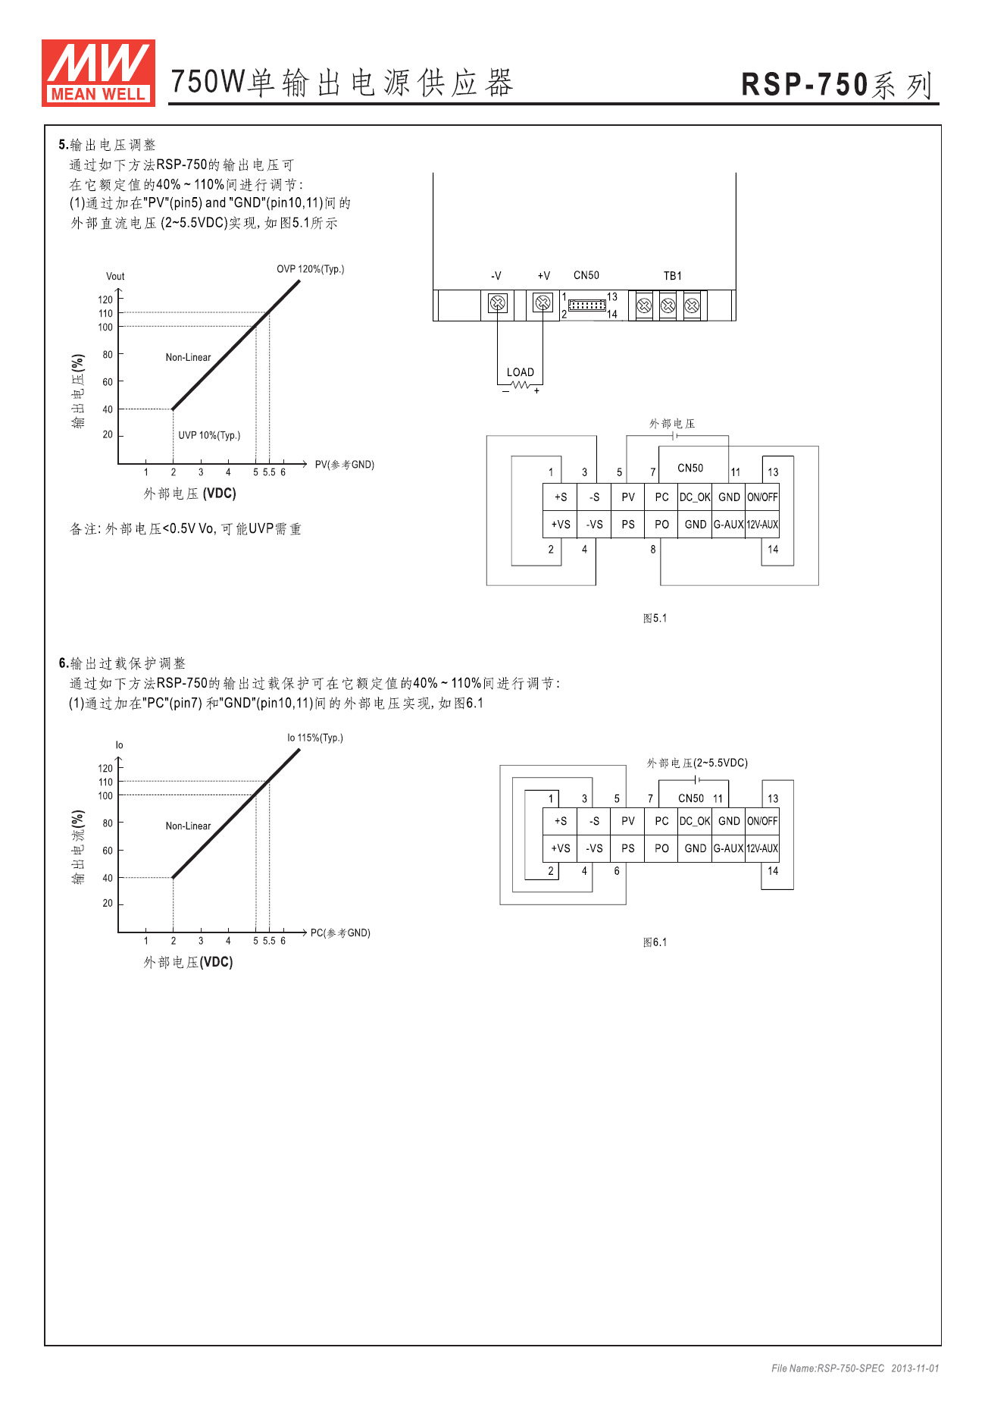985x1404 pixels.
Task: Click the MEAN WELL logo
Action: [x=98, y=73]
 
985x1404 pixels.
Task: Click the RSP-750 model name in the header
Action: [x=804, y=84]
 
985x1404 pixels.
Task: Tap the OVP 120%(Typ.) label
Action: [x=310, y=269]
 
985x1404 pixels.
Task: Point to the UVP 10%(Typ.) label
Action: [x=209, y=435]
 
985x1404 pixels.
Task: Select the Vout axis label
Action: [x=115, y=276]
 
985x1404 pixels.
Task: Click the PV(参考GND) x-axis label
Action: [x=345, y=465]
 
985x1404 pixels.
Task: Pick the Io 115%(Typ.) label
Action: [x=314, y=738]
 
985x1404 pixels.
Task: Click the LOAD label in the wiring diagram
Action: [x=521, y=372]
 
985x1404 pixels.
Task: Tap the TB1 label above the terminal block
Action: [x=673, y=276]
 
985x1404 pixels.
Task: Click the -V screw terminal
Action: [x=497, y=304]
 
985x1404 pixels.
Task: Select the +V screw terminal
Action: [x=543, y=304]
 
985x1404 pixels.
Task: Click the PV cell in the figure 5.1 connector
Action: [x=628, y=497]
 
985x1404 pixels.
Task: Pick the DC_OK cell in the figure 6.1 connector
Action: [x=695, y=821]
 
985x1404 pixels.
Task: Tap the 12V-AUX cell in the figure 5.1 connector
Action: [x=762, y=525]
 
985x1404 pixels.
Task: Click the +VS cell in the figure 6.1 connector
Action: [x=561, y=848]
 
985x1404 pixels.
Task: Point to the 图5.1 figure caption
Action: [x=655, y=618]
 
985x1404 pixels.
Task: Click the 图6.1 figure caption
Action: [x=655, y=942]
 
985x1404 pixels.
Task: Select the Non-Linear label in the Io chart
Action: [x=188, y=826]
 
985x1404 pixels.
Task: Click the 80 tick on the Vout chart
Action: [x=108, y=354]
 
